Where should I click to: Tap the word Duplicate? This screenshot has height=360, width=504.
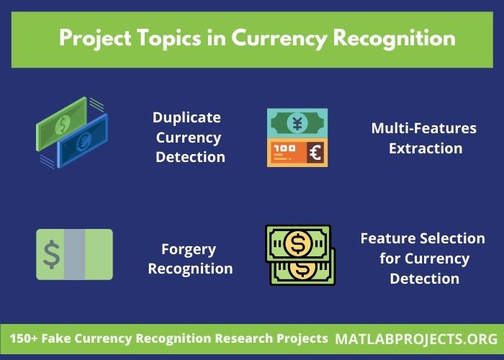tap(186, 117)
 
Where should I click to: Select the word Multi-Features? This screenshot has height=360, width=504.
tap(423, 128)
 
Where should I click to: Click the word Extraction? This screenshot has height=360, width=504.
tap(425, 148)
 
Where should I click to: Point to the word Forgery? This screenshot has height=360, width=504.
tap(189, 249)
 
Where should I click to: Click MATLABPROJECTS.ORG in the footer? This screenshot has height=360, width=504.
tap(416, 338)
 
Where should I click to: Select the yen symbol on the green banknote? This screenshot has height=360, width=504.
tap(297, 122)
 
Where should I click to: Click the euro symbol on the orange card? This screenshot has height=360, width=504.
tap(315, 153)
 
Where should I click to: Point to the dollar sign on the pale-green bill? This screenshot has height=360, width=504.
tap(51, 254)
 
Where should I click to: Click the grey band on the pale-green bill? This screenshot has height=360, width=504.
tap(75, 254)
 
